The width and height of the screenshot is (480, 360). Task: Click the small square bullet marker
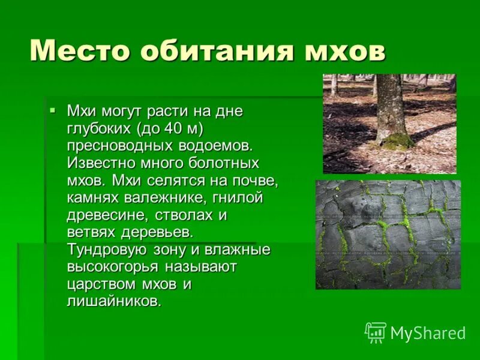point(52,110)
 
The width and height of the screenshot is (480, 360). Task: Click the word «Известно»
point(97,163)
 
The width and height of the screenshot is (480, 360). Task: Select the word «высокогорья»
point(110,266)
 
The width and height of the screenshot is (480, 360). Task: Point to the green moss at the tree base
point(397,141)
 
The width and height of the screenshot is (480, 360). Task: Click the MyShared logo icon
point(375,332)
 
